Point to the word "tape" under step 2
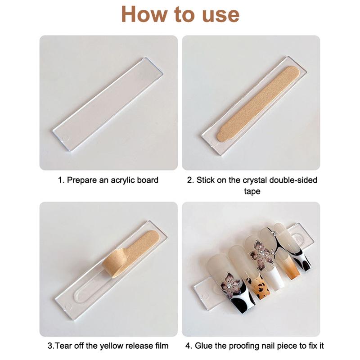click(252, 191)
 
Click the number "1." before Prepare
click(61, 180)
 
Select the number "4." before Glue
click(189, 346)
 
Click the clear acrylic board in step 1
click(108, 104)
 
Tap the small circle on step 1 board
click(65, 138)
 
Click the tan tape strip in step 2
click(258, 103)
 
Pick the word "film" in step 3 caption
click(162, 346)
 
